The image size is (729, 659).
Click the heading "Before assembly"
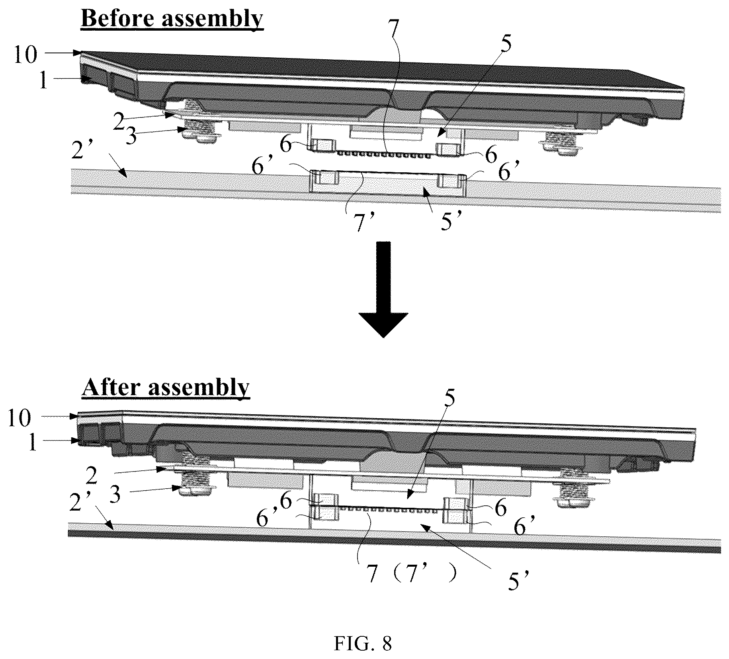click(x=172, y=18)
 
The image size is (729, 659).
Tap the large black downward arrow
click(x=383, y=289)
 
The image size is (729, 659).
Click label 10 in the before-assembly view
click(x=25, y=55)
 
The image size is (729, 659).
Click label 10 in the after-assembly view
click(x=19, y=418)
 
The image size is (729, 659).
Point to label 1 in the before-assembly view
click(x=44, y=81)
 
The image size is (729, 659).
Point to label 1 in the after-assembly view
click(x=33, y=442)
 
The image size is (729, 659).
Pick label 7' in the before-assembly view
click(x=359, y=222)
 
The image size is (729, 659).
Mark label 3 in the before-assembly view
click(x=131, y=136)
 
